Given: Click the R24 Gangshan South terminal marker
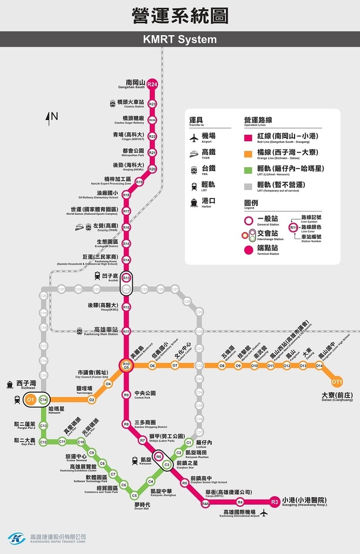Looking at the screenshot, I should tap(152, 84).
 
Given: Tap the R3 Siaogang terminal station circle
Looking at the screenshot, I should tap(275, 502).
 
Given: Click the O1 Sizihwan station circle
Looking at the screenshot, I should tap(31, 400).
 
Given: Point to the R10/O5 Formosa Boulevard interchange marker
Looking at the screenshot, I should tap(126, 366).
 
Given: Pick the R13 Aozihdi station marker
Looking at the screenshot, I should tap(126, 278).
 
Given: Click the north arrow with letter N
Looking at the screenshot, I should tap(52, 117).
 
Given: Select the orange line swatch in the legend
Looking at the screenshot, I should tap(249, 153).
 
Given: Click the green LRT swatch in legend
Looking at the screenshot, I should tap(249, 169).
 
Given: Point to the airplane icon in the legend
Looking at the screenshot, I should tap(194, 137).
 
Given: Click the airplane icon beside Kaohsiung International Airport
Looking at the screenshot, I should tap(264, 512).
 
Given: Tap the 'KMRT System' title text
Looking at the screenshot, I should tap(179, 39).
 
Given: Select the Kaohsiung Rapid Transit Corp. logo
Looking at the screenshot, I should tap(17, 538).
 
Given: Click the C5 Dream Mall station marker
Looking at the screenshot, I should tap(135, 495).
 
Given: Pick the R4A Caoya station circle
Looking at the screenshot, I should tap(205, 504).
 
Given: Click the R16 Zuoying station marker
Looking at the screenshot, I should tap(126, 228).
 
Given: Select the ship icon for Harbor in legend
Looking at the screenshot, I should tap(194, 202).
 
